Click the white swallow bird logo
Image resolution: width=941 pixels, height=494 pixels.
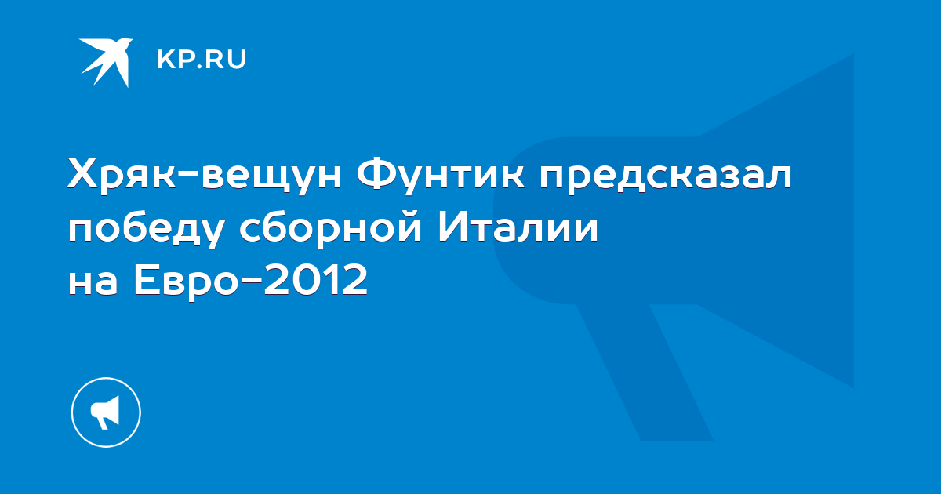point(107,61)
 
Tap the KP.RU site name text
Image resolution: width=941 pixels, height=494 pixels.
point(202,59)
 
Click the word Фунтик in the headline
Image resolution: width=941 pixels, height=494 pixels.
point(441,176)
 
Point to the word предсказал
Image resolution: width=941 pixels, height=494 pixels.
point(667,176)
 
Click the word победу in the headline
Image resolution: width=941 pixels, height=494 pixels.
point(145,229)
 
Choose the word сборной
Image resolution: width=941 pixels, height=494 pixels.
point(331,229)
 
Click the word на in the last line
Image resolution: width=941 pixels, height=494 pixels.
point(93,280)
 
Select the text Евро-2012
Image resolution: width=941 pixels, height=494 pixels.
point(251,281)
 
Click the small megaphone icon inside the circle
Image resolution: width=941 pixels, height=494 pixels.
point(105,412)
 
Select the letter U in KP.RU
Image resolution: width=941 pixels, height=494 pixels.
point(238,60)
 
